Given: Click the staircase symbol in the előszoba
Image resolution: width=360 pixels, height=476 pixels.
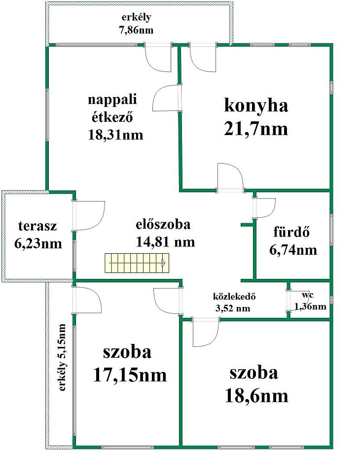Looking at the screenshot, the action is click(137, 263).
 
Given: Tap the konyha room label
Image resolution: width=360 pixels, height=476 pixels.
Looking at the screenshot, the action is click(256, 105).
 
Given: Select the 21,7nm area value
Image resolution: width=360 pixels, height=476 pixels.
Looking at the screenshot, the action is click(256, 129).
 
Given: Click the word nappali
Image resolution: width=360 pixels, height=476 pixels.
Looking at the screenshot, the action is click(112, 100).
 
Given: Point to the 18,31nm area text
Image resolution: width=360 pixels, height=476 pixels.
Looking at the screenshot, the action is click(115, 135).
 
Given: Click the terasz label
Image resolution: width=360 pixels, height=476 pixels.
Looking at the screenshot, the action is click(37, 226).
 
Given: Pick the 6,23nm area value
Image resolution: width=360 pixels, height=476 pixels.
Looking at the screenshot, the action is click(38, 244).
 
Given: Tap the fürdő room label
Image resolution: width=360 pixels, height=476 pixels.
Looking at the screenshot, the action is click(291, 232).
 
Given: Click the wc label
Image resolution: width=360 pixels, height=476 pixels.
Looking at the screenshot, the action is click(308, 295).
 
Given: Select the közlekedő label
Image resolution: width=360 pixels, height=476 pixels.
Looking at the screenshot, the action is click(234, 296).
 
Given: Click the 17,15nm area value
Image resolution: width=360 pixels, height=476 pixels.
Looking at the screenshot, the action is click(130, 375).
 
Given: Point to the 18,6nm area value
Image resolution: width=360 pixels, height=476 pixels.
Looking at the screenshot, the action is click(256, 396).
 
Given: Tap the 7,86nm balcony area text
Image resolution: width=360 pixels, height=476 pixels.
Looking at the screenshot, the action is click(136, 31).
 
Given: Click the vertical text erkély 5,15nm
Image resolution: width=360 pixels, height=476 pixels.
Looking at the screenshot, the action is click(62, 358).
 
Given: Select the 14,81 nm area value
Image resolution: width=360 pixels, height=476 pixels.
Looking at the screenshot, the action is click(165, 242).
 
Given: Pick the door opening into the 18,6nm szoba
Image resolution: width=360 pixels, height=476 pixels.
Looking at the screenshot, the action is click(206, 333).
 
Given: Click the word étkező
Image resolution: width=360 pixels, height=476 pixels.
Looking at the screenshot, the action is click(112, 117).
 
